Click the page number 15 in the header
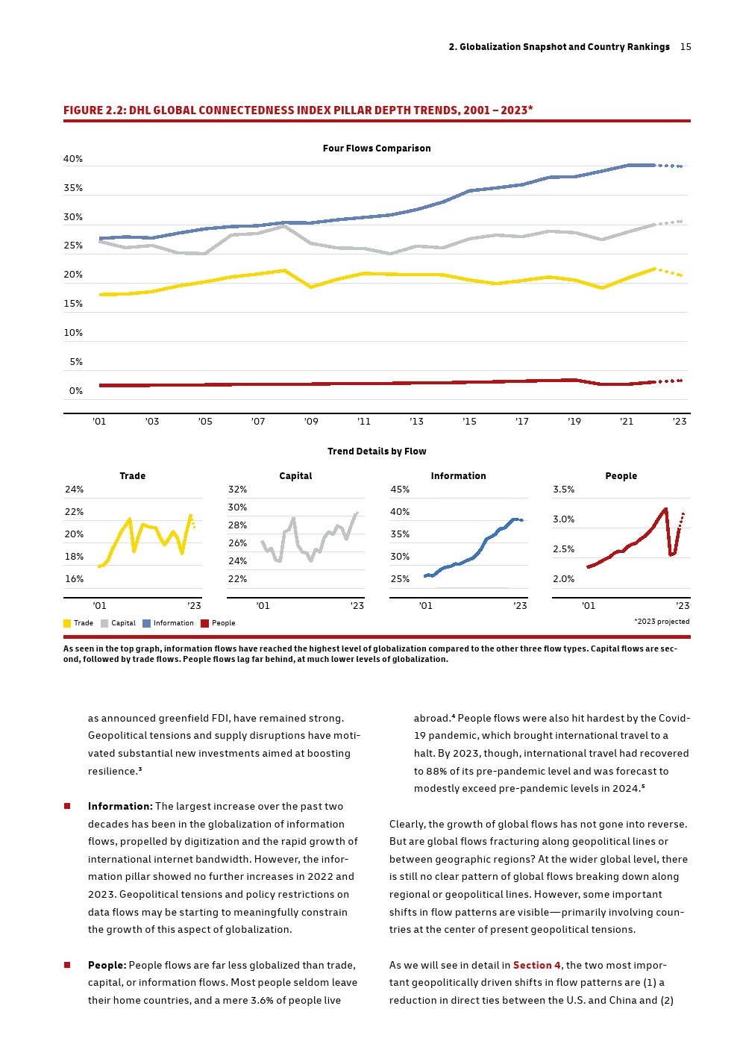[686, 47]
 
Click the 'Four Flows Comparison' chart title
[377, 149]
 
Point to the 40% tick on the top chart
[73, 159]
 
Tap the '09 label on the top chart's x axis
[311, 422]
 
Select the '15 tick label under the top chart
[469, 422]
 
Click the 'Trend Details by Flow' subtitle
[377, 451]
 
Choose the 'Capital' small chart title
[295, 476]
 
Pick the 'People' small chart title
[621, 476]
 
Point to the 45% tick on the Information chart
[400, 490]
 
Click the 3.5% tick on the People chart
[564, 490]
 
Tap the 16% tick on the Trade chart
[74, 579]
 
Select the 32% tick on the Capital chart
[237, 490]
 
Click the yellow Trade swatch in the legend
[67, 623]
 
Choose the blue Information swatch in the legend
[147, 623]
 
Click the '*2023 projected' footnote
[662, 622]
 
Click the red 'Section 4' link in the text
[536, 966]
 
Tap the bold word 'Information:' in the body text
[120, 807]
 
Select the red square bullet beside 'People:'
[67, 966]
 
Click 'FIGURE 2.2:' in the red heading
[94, 110]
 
